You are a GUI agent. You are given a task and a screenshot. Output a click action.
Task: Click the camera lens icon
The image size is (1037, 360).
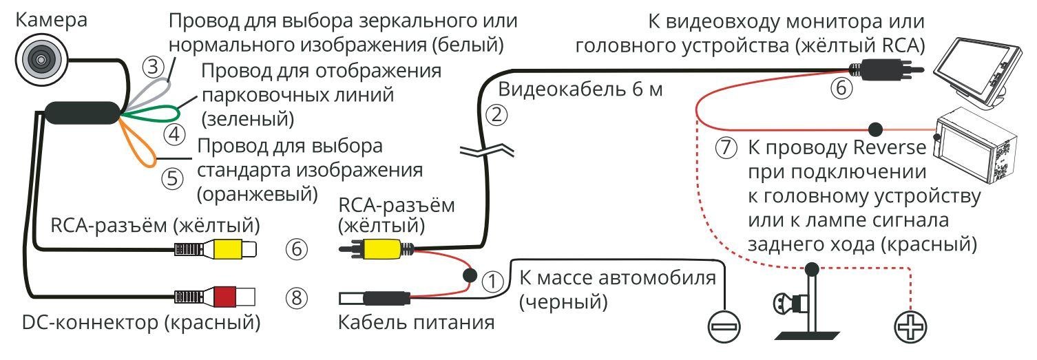click(39, 59)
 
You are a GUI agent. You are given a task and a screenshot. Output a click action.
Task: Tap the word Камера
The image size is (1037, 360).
click(52, 20)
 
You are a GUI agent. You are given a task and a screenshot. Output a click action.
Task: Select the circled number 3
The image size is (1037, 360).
click(154, 67)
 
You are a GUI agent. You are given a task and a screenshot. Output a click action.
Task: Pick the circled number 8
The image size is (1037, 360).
click(296, 299)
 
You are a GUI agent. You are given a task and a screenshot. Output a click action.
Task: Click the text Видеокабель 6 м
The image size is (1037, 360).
click(580, 90)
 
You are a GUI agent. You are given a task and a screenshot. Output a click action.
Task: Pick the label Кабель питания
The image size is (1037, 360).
click(417, 322)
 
